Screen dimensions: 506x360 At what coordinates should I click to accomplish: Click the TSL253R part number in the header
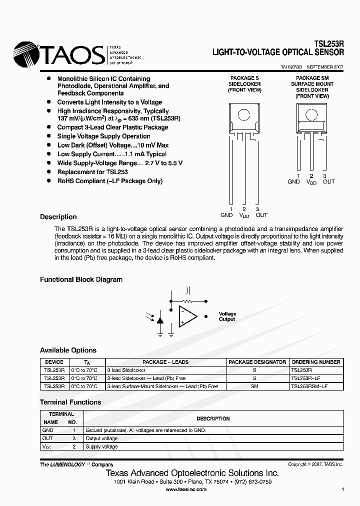pos(329,44)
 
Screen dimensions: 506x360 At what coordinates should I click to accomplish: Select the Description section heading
pos(58,217)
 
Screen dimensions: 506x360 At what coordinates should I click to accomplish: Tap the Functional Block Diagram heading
pos(81,279)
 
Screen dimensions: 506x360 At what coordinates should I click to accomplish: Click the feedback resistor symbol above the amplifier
pos(188,301)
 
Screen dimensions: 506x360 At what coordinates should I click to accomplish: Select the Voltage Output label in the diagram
pos(227,316)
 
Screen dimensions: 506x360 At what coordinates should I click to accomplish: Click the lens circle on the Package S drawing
pos(243,114)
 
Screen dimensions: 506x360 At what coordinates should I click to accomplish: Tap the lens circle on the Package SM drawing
pos(311,115)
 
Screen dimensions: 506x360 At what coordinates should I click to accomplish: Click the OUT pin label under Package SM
pos(328,182)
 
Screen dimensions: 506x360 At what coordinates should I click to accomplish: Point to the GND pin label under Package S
pos(226,215)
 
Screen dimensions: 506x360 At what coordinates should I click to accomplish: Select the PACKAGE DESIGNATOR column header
pos(257,362)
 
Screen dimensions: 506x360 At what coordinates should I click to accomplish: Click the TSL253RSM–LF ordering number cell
pos(309,386)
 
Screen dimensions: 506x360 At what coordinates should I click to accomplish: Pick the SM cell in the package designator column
pos(254,386)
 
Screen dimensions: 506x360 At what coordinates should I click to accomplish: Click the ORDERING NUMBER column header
pos(316,362)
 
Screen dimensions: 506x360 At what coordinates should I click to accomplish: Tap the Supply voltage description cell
pos(101,446)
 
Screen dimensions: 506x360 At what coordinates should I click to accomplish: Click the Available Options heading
pos(68,350)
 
